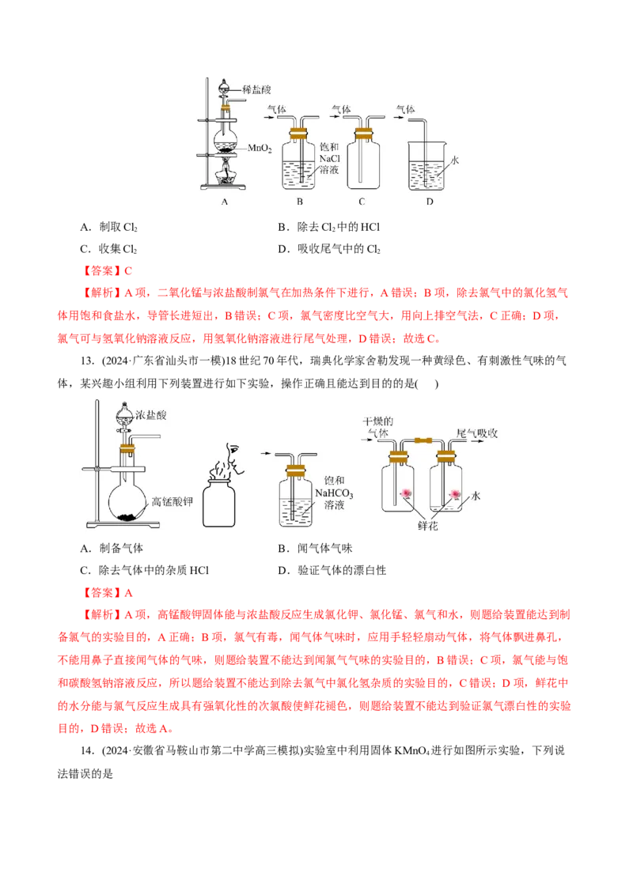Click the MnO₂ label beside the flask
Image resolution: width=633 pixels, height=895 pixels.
pyautogui.click(x=260, y=149)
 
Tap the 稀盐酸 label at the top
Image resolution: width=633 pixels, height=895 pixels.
pyautogui.click(x=256, y=89)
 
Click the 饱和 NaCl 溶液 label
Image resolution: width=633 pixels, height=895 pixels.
pyautogui.click(x=329, y=158)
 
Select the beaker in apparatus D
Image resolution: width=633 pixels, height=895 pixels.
pyautogui.click(x=426, y=166)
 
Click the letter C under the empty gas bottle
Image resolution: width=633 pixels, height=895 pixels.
pyautogui.click(x=362, y=202)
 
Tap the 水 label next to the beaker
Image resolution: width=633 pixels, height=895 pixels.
pyautogui.click(x=455, y=160)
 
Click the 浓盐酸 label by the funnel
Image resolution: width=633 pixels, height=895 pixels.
pyautogui.click(x=151, y=415)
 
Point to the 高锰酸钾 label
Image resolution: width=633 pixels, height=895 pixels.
pyautogui.click(x=172, y=502)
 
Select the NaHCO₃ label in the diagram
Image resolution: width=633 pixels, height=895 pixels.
pyautogui.click(x=334, y=493)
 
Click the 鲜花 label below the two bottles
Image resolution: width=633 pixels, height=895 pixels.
pyautogui.click(x=428, y=526)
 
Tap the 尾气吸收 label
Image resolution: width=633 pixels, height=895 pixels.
pyautogui.click(x=477, y=433)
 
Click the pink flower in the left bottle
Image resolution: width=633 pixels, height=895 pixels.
pyautogui.click(x=406, y=493)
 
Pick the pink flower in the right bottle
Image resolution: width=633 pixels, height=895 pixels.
pyautogui.click(x=455, y=493)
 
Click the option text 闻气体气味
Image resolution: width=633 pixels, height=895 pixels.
pyautogui.click(x=325, y=549)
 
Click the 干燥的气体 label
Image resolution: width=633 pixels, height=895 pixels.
pyautogui.click(x=378, y=428)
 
